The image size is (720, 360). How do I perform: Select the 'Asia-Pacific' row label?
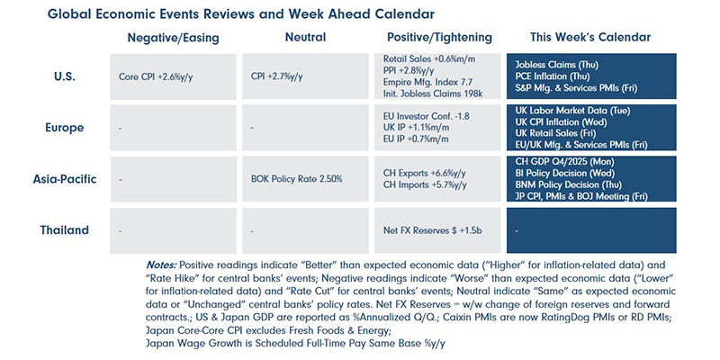pos(66,180)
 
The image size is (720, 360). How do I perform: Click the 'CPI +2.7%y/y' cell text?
pos(278,78)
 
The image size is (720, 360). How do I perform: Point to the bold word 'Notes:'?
pos(162,265)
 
